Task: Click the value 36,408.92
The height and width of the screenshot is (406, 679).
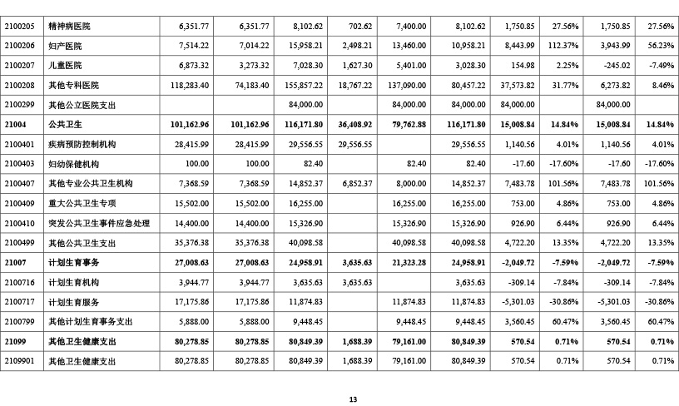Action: click(x=353, y=124)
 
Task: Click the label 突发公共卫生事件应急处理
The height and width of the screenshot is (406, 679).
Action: click(x=98, y=224)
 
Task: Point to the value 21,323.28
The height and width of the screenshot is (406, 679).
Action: click(x=408, y=262)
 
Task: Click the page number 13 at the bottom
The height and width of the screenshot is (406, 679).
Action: click(x=353, y=399)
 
